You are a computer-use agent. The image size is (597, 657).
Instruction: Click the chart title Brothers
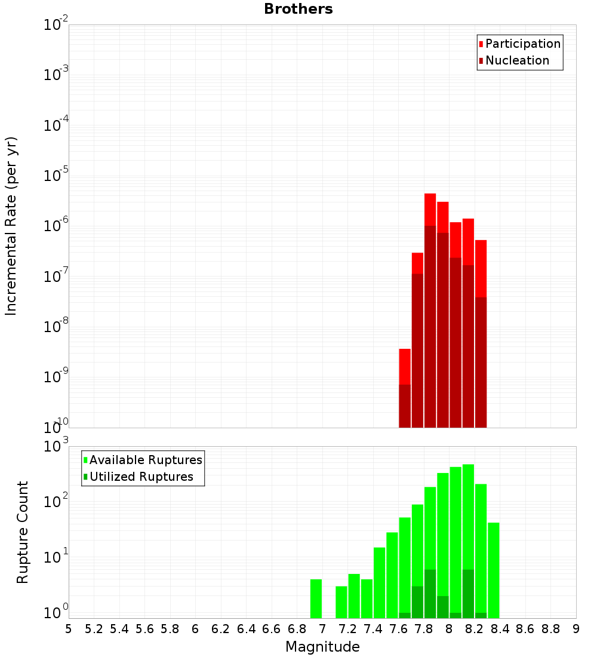[x=298, y=9]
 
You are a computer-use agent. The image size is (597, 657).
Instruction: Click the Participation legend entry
[x=523, y=44]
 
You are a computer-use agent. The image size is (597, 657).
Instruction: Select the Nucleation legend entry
[x=517, y=60]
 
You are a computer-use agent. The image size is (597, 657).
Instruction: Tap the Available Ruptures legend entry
[x=146, y=460]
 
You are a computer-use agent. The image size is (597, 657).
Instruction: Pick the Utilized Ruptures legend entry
[x=141, y=477]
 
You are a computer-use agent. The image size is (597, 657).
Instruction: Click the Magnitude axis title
[x=322, y=647]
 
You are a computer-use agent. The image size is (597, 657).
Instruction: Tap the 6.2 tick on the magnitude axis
[x=221, y=629]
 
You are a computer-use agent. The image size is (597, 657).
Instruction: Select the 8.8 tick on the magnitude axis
[x=550, y=629]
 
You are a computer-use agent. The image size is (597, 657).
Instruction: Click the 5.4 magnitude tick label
[x=119, y=629]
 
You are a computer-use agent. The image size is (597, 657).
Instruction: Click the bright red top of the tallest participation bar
[x=430, y=209]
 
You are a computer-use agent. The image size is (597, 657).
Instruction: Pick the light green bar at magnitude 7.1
[x=341, y=602]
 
